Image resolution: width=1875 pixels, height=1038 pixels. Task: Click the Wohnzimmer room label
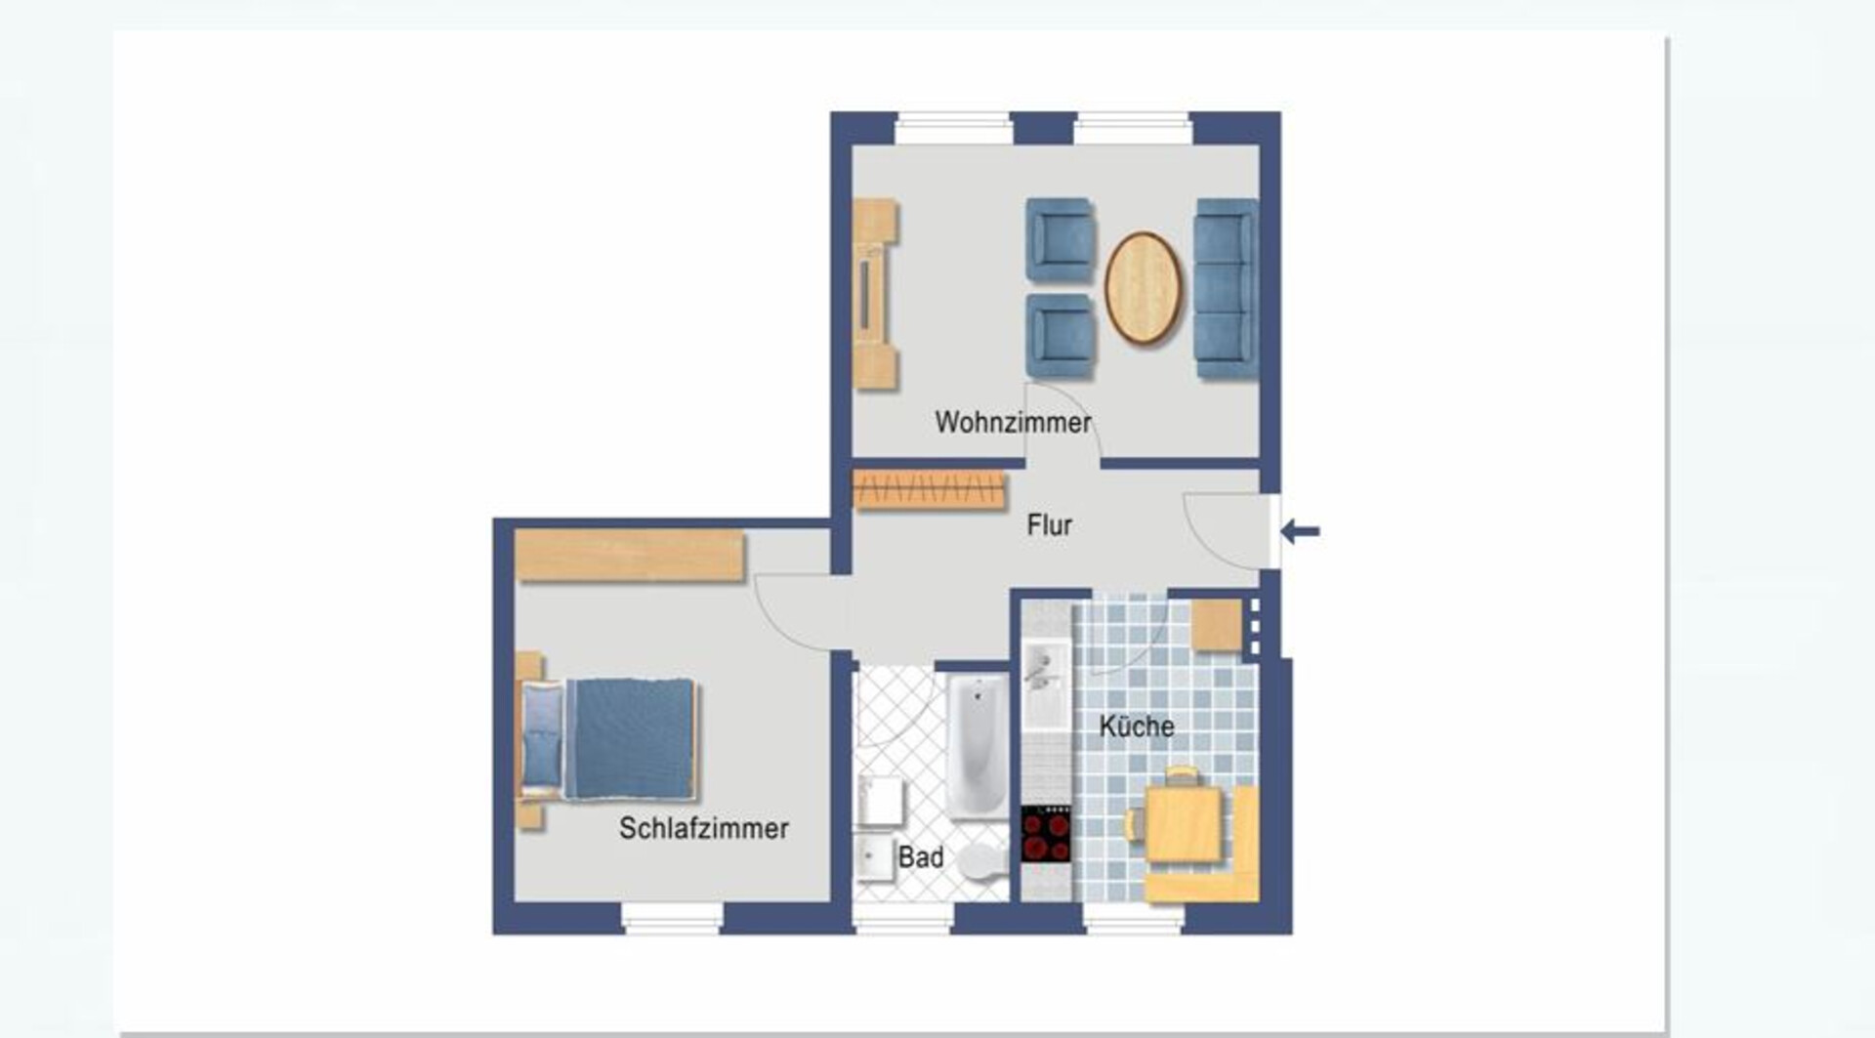1013,422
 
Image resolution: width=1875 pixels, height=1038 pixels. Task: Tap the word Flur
1049,525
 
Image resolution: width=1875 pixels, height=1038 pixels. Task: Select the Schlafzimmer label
703,828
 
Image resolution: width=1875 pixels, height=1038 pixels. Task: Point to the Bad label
920,857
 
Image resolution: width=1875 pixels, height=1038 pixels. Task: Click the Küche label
1137,726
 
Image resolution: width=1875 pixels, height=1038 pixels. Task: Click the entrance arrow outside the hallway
1300,531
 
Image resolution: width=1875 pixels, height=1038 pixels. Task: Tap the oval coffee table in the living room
1143,288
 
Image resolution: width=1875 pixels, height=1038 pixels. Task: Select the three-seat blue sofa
1226,288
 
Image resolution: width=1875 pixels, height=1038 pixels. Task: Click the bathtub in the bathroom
978,747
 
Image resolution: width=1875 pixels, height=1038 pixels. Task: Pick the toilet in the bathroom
980,860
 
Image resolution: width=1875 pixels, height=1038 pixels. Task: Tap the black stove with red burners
1046,834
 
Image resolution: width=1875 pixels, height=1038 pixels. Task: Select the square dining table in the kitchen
1183,824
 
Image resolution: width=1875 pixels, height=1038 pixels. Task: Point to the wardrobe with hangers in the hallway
929,489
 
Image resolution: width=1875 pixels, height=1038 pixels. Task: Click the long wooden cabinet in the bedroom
630,555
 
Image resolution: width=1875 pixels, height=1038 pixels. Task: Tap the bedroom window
672,918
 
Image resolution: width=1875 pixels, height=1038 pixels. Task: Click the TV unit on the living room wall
875,295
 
